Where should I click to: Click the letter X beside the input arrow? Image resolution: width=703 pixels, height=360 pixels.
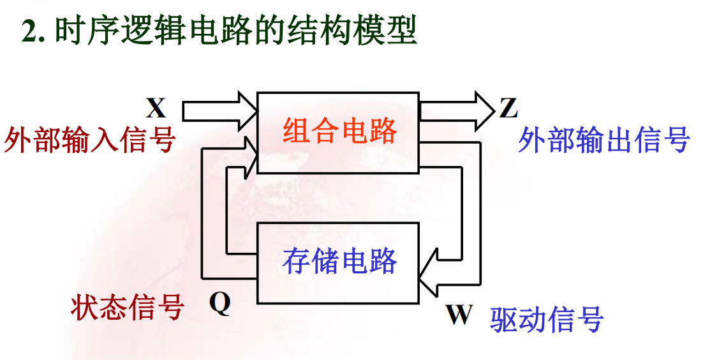click(156, 109)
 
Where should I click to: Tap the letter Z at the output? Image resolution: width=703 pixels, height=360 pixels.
click(508, 109)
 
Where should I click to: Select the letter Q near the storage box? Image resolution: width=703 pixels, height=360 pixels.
click(219, 304)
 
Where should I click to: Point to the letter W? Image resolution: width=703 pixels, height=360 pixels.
click(459, 315)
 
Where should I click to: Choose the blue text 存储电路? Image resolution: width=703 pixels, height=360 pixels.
click(339, 262)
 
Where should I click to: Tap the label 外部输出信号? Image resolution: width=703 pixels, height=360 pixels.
click(603, 139)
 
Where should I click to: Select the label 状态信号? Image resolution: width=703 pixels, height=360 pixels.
click(127, 308)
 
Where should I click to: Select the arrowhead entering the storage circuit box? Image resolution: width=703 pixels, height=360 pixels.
click(429, 273)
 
